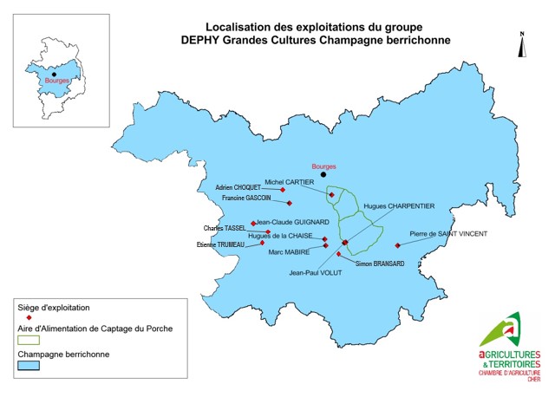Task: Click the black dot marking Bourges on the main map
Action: tap(325, 174)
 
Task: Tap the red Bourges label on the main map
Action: tap(323, 166)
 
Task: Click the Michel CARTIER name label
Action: tap(290, 182)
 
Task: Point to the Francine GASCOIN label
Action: tap(246, 198)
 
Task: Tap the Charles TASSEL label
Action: tap(225, 229)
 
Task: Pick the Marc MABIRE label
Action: tap(290, 252)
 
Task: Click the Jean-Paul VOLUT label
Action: tap(317, 272)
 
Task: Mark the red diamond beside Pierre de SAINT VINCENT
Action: tap(397, 245)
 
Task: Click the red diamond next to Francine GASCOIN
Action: tap(289, 203)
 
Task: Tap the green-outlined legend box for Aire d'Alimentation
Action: tap(29, 342)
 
